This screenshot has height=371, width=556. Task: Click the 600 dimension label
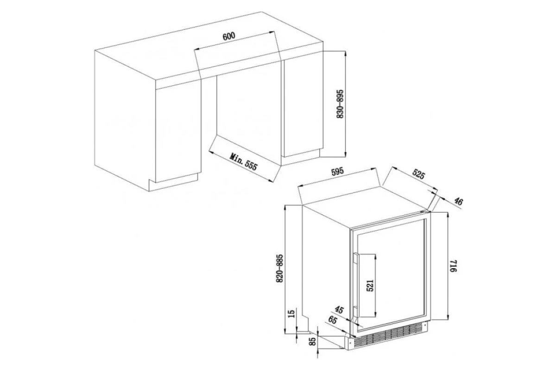point(228,36)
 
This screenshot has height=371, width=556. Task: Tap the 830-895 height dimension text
point(340,104)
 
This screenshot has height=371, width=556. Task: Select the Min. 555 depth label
point(243,162)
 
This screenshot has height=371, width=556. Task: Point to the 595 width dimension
point(338,172)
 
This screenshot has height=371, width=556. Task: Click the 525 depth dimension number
point(419,174)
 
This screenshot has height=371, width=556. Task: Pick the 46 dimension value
point(458,202)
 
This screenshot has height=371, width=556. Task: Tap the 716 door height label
point(453,266)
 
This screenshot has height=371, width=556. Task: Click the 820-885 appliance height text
point(279,269)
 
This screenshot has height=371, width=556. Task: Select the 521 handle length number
point(370,286)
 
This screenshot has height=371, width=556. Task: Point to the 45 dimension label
point(339,310)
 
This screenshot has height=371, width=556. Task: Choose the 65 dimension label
point(333,320)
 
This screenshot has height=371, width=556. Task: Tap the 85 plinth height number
point(313,341)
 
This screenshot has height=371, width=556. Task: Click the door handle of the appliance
point(356,285)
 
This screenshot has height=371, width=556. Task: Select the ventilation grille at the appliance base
point(388,336)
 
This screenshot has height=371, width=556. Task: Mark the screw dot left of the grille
point(350,341)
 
